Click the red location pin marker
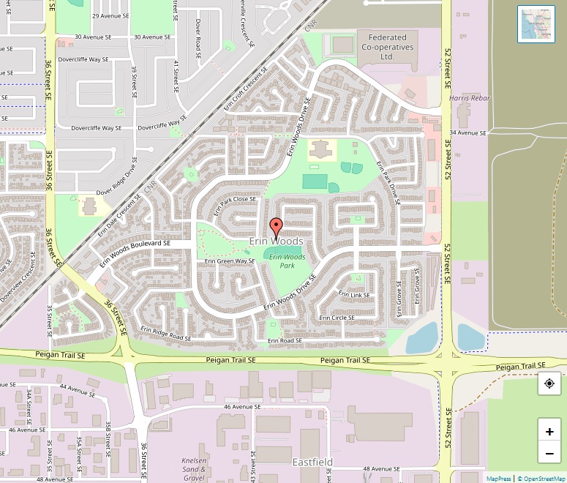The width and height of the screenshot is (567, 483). [x=276, y=227]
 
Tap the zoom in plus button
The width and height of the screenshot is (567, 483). [x=549, y=431]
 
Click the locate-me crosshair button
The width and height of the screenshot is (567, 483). [x=549, y=383]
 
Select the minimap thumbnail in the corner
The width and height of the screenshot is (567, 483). [x=536, y=24]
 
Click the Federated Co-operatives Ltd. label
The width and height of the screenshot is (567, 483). [x=387, y=47]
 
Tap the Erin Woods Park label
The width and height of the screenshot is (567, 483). [x=287, y=261]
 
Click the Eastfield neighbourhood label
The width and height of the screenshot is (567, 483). [x=312, y=462]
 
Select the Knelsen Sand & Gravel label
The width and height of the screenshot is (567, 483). [x=194, y=469]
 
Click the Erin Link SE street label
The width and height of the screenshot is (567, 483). [x=354, y=294]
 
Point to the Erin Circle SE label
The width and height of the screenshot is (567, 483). [x=337, y=318]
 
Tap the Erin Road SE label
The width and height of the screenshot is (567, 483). [x=285, y=341]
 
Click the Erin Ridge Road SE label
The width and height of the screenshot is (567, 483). [x=166, y=333]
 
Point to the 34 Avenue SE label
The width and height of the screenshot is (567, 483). [x=468, y=132]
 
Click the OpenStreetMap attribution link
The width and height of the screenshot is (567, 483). [x=541, y=479]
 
